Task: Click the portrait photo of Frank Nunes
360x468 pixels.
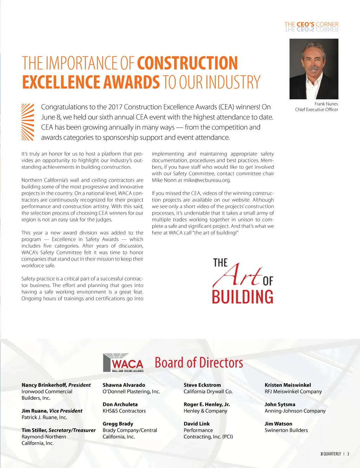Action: tap(314, 69)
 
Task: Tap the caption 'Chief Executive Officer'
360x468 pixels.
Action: tap(316, 109)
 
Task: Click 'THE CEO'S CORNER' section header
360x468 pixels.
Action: tap(311, 25)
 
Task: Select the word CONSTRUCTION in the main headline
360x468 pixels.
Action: tap(187, 63)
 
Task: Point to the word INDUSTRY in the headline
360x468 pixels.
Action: tap(233, 82)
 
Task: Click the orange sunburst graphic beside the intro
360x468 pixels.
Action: tap(28, 122)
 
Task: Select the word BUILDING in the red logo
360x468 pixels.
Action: tap(243, 297)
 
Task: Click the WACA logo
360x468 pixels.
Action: tap(123, 363)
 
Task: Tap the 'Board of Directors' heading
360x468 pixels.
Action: tap(199, 363)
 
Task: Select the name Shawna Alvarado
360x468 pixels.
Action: tap(124, 385)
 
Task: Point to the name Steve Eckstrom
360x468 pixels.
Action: tap(202, 385)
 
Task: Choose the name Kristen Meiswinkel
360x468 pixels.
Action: tap(288, 385)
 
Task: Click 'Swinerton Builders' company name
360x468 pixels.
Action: tap(286, 430)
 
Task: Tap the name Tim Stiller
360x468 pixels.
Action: tap(34, 430)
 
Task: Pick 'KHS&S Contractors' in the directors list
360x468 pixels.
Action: tap(124, 411)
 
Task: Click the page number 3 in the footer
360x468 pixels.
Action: tap(348, 454)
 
